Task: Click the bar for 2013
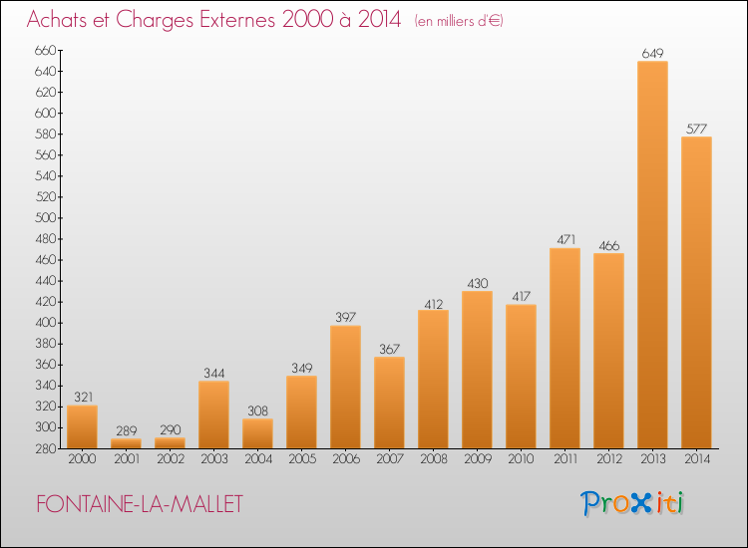(x=652, y=255)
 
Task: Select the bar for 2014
(x=696, y=293)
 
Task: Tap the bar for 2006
(x=345, y=387)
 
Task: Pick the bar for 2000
(x=82, y=426)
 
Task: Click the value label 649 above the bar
(x=652, y=53)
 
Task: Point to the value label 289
(x=126, y=430)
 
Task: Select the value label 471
(x=564, y=240)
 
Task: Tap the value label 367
(x=389, y=349)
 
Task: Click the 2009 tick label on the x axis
(x=477, y=459)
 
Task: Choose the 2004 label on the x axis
(x=257, y=459)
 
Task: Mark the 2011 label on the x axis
(x=564, y=459)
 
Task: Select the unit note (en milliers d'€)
(x=458, y=21)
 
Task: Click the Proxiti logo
(x=633, y=503)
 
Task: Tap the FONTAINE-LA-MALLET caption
(x=139, y=504)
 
